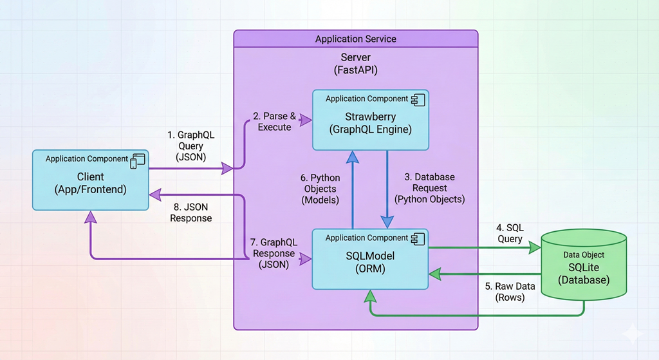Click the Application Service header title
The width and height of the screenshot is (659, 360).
click(355, 39)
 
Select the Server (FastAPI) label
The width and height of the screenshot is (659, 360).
click(355, 64)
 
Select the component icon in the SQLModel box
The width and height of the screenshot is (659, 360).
click(418, 238)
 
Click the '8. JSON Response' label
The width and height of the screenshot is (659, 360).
click(190, 213)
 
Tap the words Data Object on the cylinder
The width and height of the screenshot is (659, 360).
click(584, 255)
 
